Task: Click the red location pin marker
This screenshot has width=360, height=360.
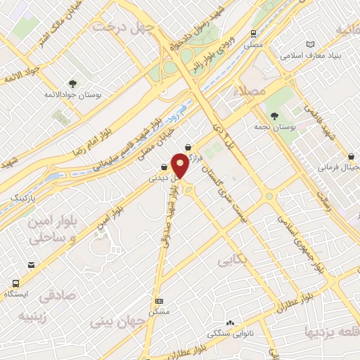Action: point(180,166)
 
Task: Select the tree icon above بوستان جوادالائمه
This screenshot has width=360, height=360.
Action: point(73,84)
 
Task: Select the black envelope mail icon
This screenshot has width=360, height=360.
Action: point(31,265)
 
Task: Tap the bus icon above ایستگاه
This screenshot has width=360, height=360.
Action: point(15,283)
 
